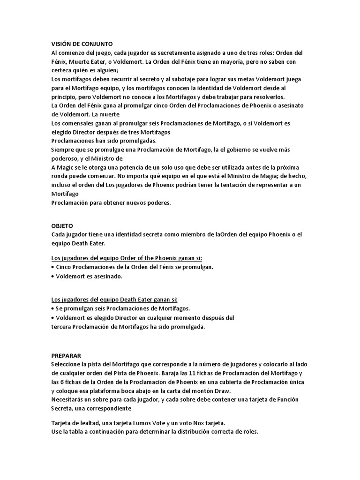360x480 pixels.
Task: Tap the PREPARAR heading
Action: [x=67, y=356]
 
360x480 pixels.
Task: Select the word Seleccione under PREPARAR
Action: [x=68, y=364]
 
